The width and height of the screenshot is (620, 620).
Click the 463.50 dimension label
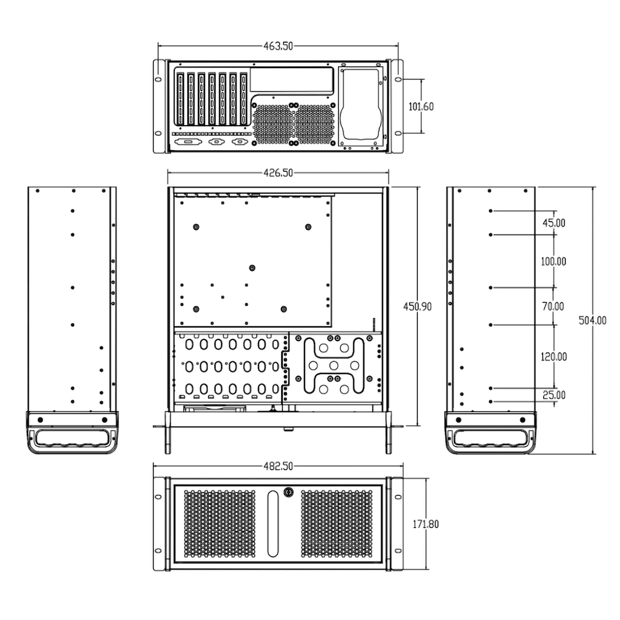(278, 46)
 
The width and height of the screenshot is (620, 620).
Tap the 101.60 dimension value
(421, 106)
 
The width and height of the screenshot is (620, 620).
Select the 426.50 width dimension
(278, 173)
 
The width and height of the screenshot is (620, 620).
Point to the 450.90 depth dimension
(417, 307)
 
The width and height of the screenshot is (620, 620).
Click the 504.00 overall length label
(592, 320)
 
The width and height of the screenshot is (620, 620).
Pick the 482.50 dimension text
(278, 466)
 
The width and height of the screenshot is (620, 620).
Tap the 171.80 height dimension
(425, 524)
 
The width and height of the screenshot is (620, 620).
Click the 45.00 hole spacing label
(554, 223)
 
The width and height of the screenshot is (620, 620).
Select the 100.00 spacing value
(553, 262)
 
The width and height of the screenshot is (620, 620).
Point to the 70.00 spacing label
(553, 306)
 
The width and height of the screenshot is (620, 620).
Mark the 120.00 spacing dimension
(554, 356)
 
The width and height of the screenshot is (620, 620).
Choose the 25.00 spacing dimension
(554, 395)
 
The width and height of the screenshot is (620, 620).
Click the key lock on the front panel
(288, 492)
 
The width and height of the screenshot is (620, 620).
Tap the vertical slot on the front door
(273, 524)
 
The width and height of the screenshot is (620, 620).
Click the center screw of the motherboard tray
(252, 268)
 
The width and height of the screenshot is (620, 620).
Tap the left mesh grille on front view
(219, 523)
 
